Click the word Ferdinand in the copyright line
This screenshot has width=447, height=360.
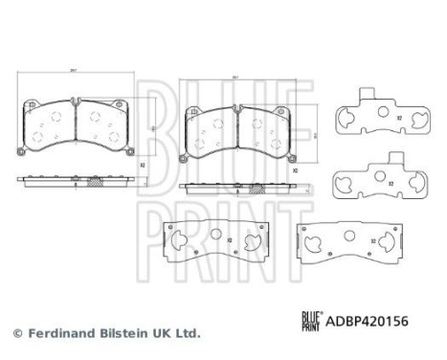(x=60, y=334)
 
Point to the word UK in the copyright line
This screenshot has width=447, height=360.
(x=164, y=334)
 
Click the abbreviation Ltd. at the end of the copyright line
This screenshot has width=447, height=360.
(x=189, y=334)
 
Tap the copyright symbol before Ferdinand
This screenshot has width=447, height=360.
(x=17, y=334)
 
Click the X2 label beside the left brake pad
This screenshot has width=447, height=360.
(x=142, y=166)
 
